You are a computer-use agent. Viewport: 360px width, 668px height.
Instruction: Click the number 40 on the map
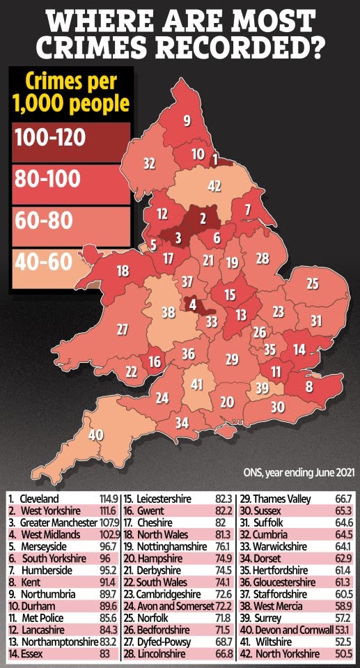[96, 434]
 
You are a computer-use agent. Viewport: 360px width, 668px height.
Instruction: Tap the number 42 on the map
[215, 187]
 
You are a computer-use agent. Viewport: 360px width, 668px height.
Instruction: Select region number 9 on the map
[187, 121]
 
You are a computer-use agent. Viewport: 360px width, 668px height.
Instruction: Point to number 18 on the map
[123, 271]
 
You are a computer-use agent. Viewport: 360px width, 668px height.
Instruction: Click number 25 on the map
[313, 283]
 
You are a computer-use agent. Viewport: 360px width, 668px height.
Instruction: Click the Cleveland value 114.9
[109, 499]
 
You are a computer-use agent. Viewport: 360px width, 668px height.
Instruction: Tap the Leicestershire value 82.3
[224, 499]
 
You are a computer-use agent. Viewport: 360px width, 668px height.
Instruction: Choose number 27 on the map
[123, 329]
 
